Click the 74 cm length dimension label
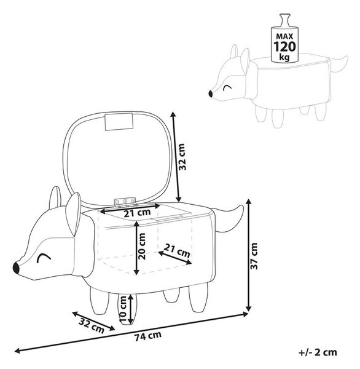(148, 336)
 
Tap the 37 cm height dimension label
(254, 256)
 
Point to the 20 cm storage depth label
(142, 246)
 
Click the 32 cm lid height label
(182, 157)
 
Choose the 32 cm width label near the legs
(92, 325)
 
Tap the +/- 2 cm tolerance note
(318, 352)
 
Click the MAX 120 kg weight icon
(284, 38)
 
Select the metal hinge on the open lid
(125, 202)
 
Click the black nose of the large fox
(16, 268)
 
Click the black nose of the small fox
(211, 93)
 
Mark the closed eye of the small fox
(227, 87)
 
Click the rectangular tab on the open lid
(119, 122)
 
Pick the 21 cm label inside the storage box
(177, 251)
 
